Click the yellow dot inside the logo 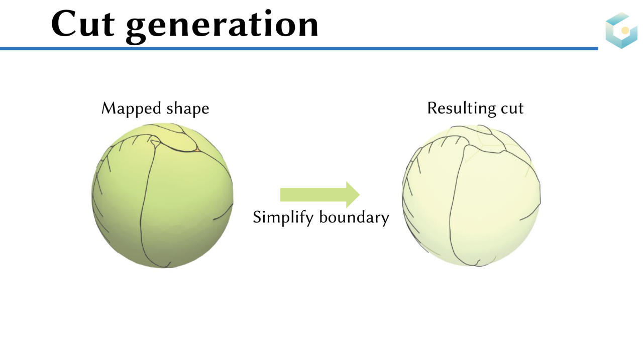625,31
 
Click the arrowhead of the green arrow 353,194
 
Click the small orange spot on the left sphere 198,150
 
